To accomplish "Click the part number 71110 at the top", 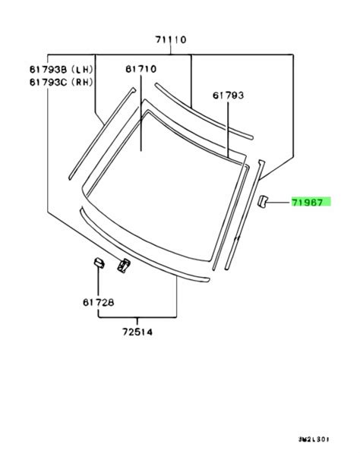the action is [171, 39].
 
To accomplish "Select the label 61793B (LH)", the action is [62, 69].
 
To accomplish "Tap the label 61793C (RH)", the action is [62, 83].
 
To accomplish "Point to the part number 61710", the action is [141, 69].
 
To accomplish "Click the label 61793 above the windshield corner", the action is [228, 95].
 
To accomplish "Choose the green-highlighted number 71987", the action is [307, 203].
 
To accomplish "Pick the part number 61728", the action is [98, 303].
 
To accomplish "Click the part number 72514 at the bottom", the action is [137, 332].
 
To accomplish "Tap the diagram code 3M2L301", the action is [314, 439].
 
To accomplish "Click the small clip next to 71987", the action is [262, 201].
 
